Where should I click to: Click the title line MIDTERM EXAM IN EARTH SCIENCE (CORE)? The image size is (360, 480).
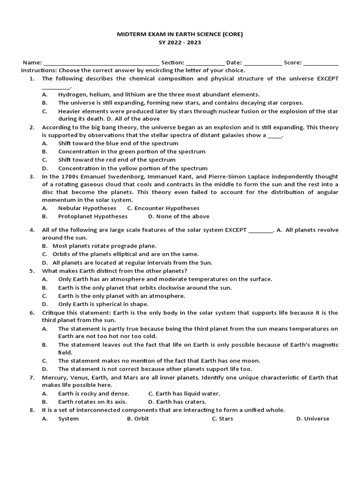pos(180,34)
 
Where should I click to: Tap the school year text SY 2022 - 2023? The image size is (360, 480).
pos(180,43)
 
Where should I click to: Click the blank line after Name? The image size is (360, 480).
pos(101,63)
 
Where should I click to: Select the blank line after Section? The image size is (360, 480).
pos(205,63)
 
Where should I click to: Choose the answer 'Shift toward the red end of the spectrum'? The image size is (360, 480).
pos(110,160)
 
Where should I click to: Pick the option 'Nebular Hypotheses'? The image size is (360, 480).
pos(87,208)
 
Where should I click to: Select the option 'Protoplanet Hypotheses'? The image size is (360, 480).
pos(92,217)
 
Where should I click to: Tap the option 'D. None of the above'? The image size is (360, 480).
pos(179,217)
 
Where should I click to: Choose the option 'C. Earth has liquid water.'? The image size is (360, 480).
pos(184,393)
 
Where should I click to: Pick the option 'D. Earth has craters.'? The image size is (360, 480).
pos(177,402)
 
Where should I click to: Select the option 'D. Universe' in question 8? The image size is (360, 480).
pos(312,419)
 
